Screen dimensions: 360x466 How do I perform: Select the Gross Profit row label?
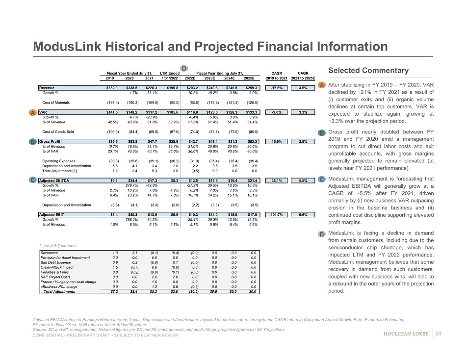click(51, 141)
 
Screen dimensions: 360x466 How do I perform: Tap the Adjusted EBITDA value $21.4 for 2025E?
click(252, 180)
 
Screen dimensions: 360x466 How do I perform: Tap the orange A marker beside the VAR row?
click(32, 113)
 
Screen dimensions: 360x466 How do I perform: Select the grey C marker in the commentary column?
click(322, 180)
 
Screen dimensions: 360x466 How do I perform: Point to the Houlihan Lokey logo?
click(405, 334)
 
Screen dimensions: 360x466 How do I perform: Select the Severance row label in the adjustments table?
click(51, 253)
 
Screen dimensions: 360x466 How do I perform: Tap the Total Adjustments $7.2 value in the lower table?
click(112, 291)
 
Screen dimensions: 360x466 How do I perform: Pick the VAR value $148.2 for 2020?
click(129, 112)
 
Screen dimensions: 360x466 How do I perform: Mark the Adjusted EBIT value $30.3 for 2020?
click(130, 214)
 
